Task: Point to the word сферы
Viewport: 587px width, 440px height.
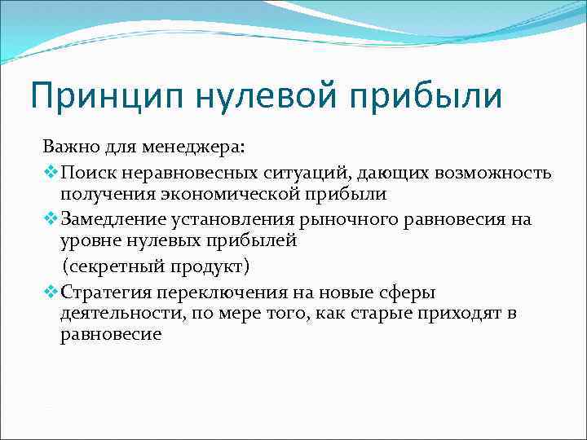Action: (408, 291)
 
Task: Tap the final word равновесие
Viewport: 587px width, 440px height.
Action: (111, 335)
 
